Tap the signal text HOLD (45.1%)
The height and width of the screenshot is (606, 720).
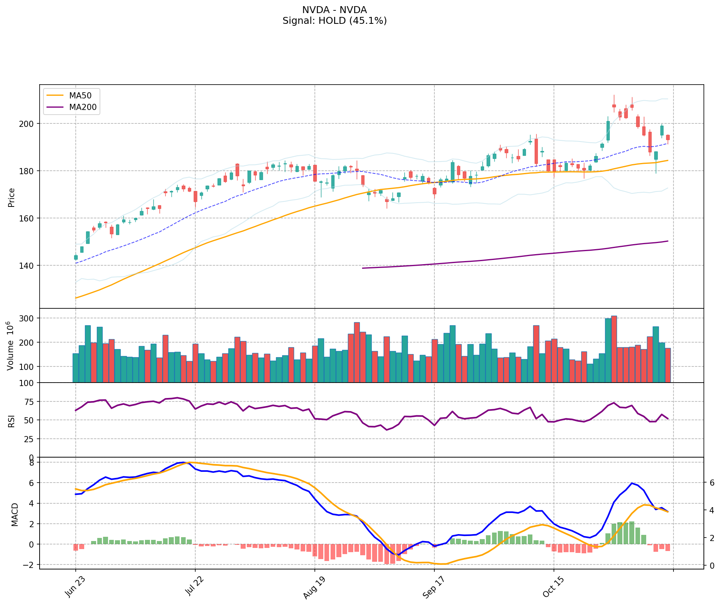(x=334, y=21)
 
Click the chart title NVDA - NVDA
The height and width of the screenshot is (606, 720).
(x=334, y=10)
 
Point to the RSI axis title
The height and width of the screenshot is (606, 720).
(x=12, y=421)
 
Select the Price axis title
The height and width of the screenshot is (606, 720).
(x=12, y=198)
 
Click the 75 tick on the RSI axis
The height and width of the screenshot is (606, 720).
(x=30, y=402)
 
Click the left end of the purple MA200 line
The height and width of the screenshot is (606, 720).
(x=362, y=268)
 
